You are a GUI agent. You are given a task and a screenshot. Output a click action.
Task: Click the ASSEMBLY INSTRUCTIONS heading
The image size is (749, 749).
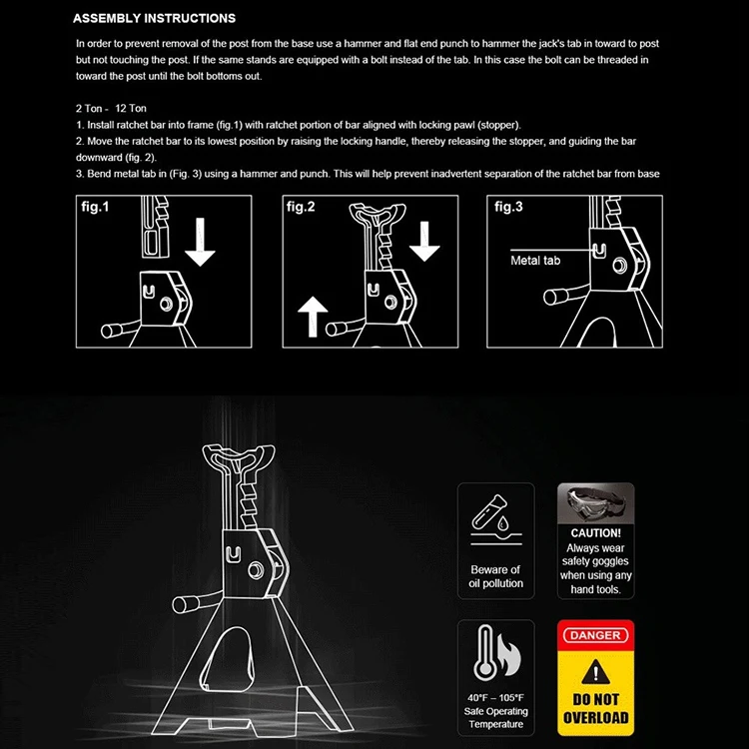[155, 18]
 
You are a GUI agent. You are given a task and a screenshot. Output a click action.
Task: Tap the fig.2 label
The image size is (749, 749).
[301, 207]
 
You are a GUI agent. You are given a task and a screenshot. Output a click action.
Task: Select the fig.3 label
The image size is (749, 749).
[508, 207]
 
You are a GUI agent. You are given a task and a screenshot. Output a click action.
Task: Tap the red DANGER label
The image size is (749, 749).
[595, 635]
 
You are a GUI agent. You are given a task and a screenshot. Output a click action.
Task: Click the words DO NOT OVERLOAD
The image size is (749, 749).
[595, 708]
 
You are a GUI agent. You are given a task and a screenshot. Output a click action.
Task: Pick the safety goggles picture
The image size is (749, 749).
[596, 504]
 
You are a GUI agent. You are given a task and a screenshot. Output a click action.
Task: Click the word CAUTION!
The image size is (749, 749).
[596, 533]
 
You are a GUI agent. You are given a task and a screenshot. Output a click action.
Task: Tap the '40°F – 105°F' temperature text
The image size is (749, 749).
[496, 697]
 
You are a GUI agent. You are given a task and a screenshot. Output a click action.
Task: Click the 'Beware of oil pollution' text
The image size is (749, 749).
[496, 576]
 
